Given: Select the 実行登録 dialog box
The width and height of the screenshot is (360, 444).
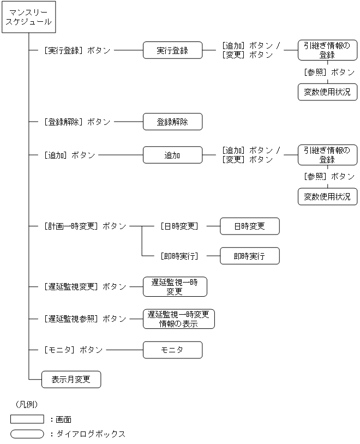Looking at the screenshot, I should click(172, 50).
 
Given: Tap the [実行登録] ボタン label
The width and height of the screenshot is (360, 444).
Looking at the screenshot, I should click(77, 50).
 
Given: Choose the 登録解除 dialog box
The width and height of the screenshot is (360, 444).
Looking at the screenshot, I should click(172, 122).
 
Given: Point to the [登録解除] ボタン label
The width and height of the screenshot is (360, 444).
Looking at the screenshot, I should click(77, 122).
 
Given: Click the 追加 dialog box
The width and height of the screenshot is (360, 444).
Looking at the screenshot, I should click(172, 155).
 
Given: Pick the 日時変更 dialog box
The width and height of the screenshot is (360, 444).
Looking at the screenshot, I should click(249, 226).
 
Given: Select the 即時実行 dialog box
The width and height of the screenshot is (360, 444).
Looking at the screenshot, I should click(249, 256).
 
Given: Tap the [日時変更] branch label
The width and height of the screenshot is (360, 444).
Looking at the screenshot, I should click(179, 226).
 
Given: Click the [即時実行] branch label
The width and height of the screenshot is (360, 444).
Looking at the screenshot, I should click(179, 256).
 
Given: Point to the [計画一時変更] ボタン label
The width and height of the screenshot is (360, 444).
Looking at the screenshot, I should click(85, 226).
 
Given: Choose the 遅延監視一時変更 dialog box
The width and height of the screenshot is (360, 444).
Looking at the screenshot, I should click(175, 286).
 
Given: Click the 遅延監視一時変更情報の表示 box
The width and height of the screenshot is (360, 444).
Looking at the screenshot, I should click(178, 319).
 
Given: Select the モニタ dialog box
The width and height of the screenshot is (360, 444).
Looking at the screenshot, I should click(172, 350).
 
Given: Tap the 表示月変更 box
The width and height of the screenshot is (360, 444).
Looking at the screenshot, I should click(71, 379).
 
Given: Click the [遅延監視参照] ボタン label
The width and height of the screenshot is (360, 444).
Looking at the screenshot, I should click(85, 319).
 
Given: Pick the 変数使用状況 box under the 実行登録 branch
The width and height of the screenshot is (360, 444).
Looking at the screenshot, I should click(327, 92).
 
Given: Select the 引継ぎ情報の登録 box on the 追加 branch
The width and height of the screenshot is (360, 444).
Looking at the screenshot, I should click(327, 155).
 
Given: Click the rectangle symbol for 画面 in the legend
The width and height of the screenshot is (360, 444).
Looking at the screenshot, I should click(27, 419).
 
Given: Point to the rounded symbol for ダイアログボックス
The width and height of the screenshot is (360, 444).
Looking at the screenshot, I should click(27, 434).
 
